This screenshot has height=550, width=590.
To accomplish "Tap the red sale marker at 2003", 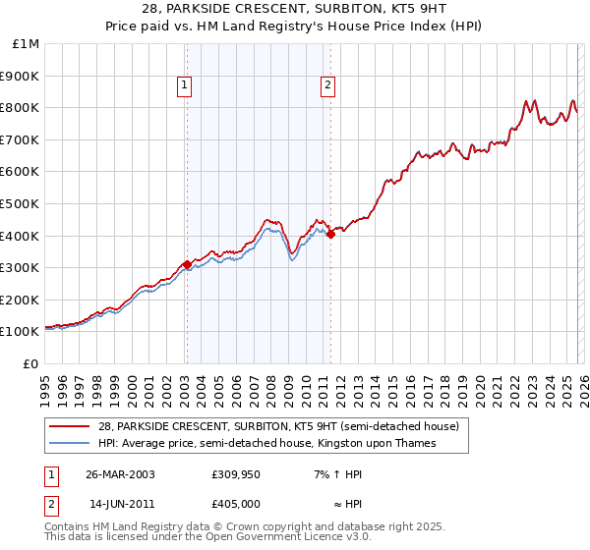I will [x=187, y=264].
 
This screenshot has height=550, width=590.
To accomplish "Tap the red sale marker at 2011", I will [x=330, y=234].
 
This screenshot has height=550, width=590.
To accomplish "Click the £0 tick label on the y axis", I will [x=30, y=364].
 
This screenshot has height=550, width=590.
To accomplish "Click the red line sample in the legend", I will [x=70, y=427].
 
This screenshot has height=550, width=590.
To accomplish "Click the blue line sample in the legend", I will [x=70, y=444].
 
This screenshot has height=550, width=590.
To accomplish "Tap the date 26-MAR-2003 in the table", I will [x=120, y=474].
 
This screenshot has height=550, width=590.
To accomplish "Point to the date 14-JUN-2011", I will [x=120, y=502].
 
